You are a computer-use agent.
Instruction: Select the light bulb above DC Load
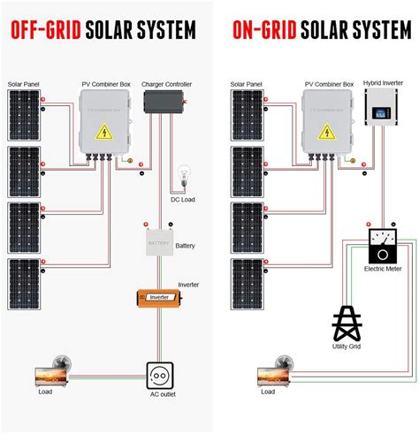(186, 173)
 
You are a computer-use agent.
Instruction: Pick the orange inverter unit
(157, 297)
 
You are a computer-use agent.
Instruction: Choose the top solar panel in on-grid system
(245, 116)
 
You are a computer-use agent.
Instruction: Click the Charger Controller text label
(166, 84)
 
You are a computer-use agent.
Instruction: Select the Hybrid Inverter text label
(383, 82)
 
